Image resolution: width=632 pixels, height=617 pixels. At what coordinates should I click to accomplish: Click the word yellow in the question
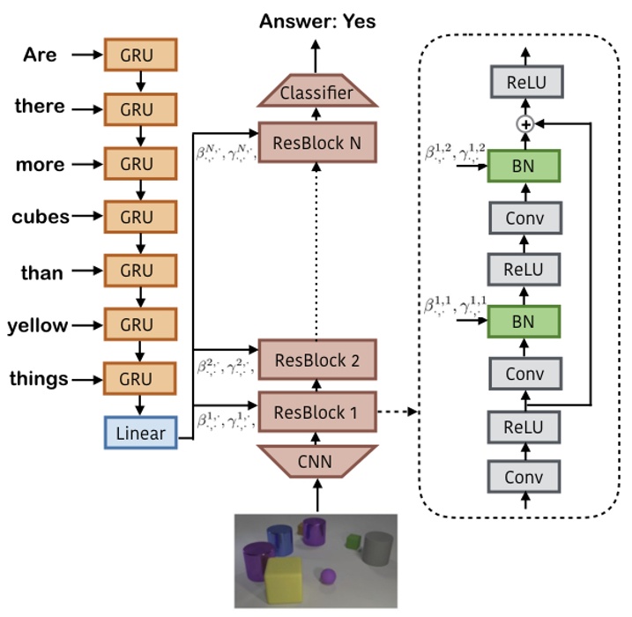click(x=37, y=325)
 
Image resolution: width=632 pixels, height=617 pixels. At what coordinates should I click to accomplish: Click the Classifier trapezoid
click(x=316, y=93)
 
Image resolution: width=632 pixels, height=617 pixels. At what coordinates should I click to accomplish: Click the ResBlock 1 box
click(x=316, y=411)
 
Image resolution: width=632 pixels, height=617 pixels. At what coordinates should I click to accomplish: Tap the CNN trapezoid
click(x=316, y=461)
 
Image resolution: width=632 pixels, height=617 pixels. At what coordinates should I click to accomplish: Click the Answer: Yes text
click(x=316, y=20)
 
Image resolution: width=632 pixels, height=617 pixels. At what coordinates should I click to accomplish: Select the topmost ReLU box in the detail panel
click(x=525, y=84)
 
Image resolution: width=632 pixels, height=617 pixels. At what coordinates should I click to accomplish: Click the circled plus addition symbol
click(x=525, y=125)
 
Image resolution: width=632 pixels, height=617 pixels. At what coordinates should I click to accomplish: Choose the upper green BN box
click(x=525, y=165)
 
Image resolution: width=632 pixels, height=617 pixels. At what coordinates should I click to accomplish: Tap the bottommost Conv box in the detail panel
click(x=525, y=478)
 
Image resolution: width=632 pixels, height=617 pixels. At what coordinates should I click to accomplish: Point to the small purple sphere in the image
click(x=328, y=577)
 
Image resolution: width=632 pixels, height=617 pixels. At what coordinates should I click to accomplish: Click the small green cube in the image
click(x=353, y=539)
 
